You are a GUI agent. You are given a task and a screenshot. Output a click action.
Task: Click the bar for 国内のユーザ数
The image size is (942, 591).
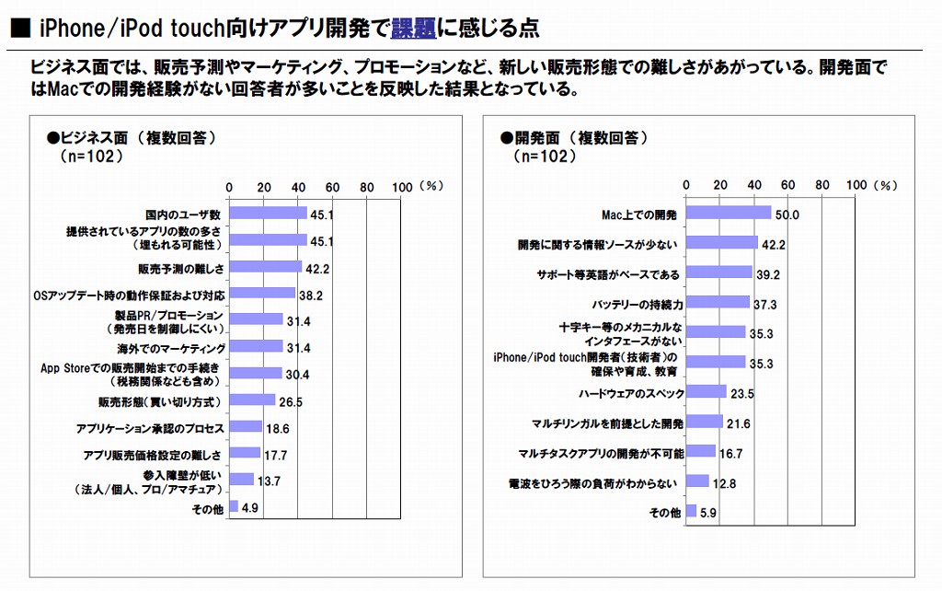click(x=268, y=214)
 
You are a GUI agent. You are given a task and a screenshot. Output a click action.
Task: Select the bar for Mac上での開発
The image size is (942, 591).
click(x=729, y=214)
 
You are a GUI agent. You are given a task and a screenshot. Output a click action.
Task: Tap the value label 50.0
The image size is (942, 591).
click(x=787, y=215)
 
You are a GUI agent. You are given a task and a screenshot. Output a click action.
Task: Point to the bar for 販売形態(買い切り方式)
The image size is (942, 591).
click(x=252, y=400)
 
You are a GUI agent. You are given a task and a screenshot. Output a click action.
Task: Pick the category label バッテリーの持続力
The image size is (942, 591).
click(x=636, y=303)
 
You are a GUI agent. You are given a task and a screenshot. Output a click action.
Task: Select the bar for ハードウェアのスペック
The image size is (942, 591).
click(x=707, y=392)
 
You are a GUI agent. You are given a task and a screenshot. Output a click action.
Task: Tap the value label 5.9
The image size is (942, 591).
click(x=710, y=512)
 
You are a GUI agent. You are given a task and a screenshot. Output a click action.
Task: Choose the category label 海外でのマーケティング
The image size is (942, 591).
click(x=171, y=348)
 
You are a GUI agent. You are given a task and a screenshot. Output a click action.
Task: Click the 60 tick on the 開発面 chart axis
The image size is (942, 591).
click(x=788, y=184)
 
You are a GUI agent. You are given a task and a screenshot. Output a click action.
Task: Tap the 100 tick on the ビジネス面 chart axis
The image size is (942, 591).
click(x=401, y=185)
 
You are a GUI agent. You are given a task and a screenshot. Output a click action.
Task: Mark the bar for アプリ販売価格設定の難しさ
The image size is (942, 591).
click(x=245, y=453)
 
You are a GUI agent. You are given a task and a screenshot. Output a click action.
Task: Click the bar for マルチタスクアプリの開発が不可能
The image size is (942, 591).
click(x=701, y=452)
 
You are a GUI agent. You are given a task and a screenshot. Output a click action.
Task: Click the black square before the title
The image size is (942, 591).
click(x=19, y=29)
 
